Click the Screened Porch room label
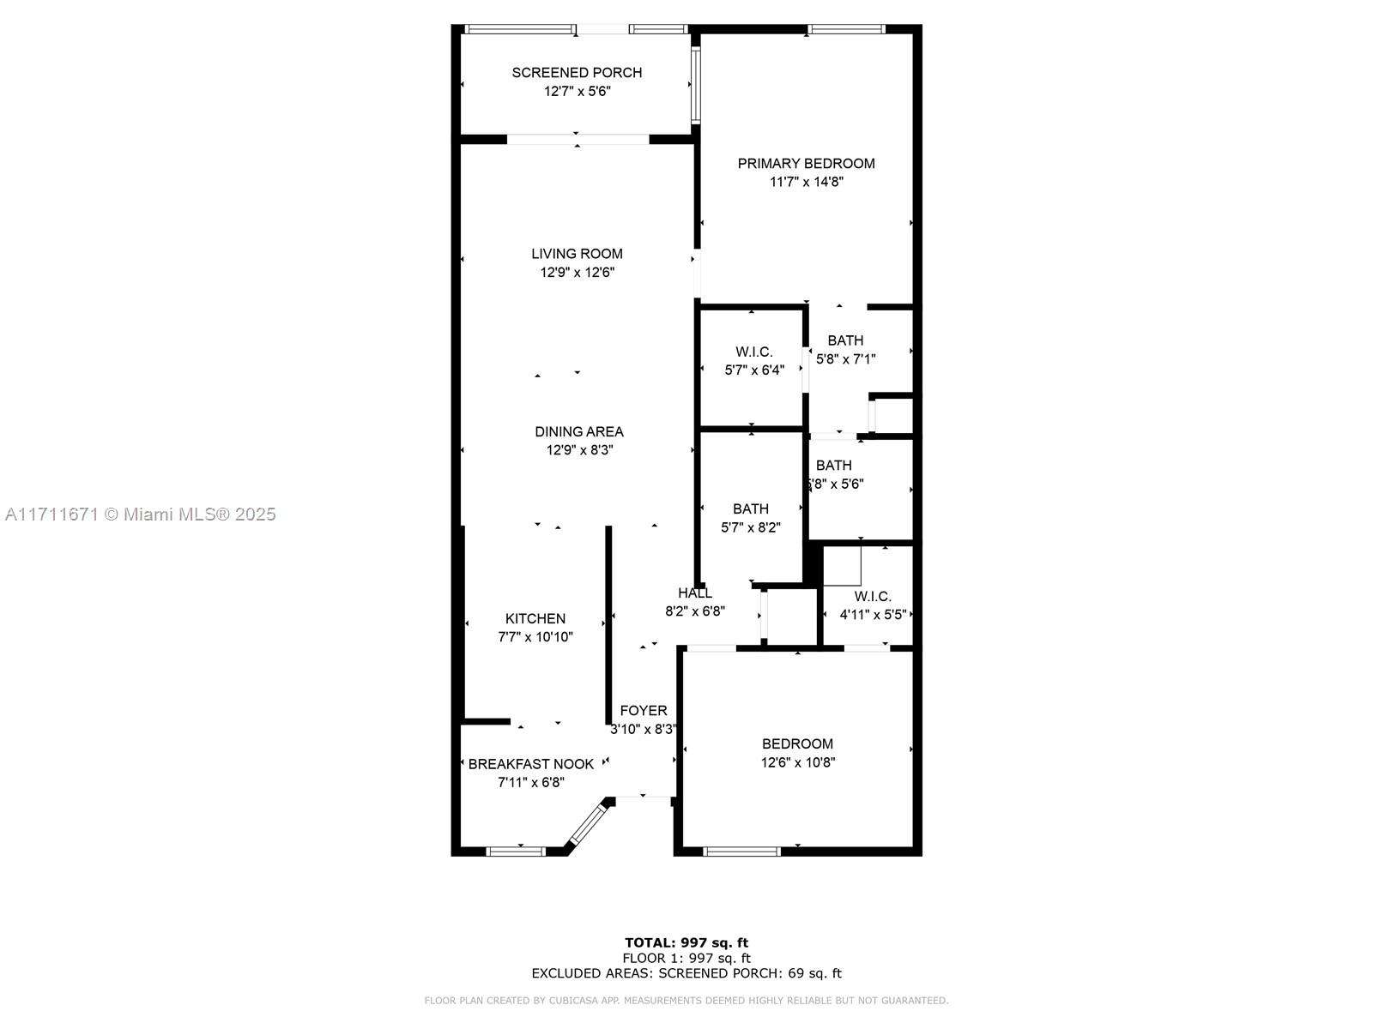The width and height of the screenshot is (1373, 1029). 577,73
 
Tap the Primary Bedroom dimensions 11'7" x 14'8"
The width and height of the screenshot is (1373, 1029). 807,182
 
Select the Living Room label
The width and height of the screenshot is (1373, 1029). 577,254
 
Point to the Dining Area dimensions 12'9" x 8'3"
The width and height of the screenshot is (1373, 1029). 579,450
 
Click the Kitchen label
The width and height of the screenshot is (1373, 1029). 535,618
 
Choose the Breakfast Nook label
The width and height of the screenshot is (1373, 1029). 531,764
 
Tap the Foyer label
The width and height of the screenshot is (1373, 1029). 643,710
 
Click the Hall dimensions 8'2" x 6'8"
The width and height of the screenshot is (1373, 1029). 695,611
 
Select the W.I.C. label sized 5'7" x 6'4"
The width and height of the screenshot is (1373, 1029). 753,352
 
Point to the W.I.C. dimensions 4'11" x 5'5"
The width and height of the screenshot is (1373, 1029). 873,615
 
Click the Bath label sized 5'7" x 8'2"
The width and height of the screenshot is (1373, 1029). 751,509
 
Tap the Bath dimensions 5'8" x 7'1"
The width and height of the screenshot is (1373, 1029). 846,359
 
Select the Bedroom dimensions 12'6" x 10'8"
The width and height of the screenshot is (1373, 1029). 797,762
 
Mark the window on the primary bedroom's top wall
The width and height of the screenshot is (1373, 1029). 846,29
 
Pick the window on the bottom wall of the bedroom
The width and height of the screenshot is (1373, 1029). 742,851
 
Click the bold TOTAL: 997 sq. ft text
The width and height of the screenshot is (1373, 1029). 686,942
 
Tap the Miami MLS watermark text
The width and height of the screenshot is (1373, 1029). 140,514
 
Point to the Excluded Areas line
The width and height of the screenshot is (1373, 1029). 686,973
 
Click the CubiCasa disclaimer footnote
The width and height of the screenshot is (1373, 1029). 686,1000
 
